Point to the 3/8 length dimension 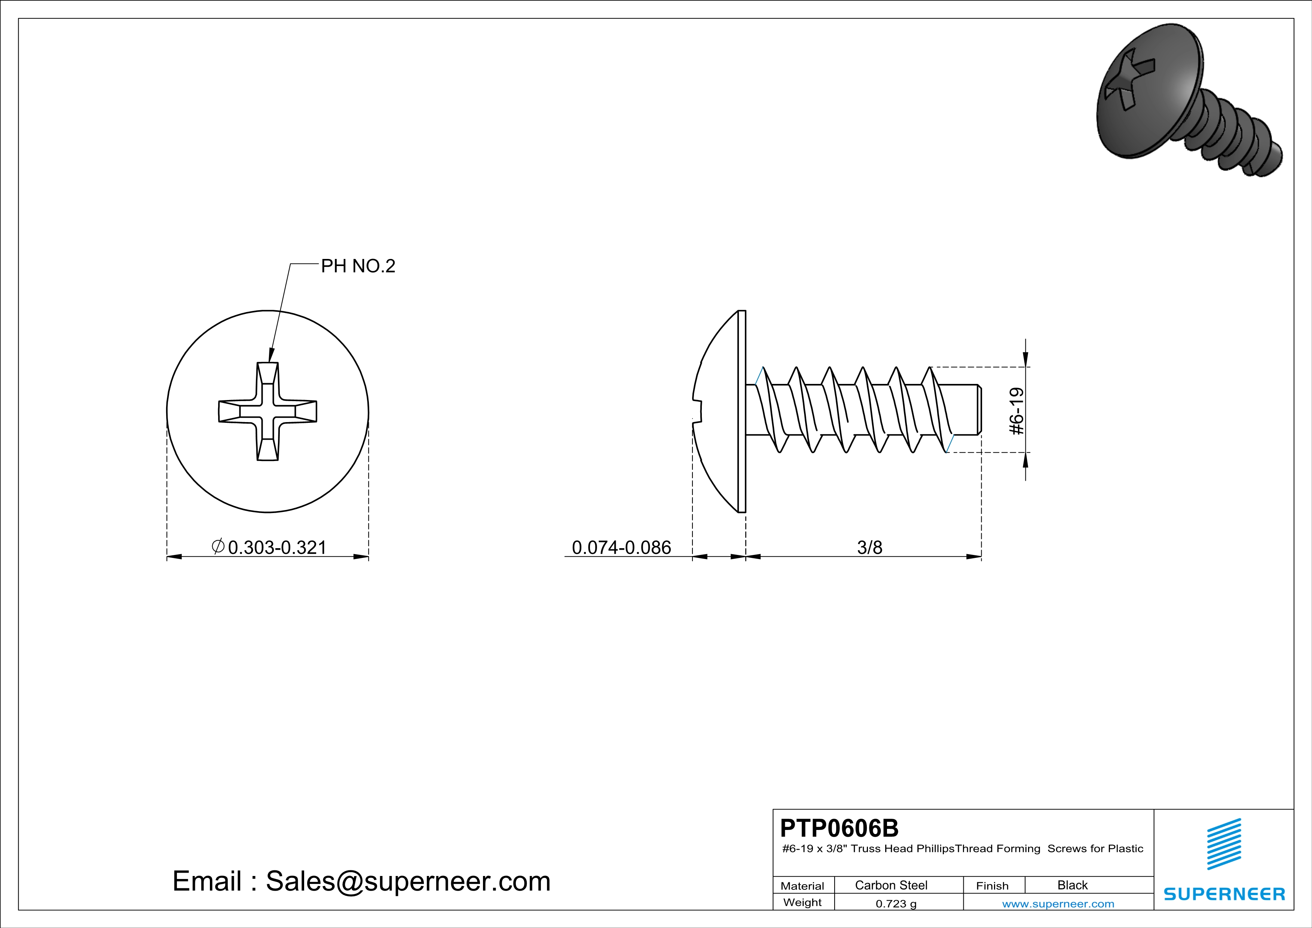click(x=870, y=547)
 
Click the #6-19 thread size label click(x=1017, y=412)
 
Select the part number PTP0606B click(x=839, y=828)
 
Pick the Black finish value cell click(x=1073, y=885)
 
